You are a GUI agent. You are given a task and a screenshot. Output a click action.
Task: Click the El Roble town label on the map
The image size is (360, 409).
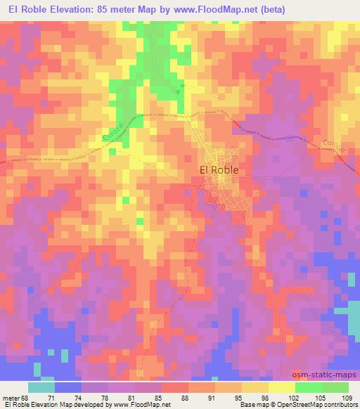[x=219, y=169]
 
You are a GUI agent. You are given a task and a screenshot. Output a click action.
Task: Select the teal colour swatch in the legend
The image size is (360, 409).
[x=41, y=387]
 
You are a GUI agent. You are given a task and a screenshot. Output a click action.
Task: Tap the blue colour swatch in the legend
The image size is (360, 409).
[x=67, y=387]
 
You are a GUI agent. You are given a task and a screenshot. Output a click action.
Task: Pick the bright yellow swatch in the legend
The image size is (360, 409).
[x=282, y=387]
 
